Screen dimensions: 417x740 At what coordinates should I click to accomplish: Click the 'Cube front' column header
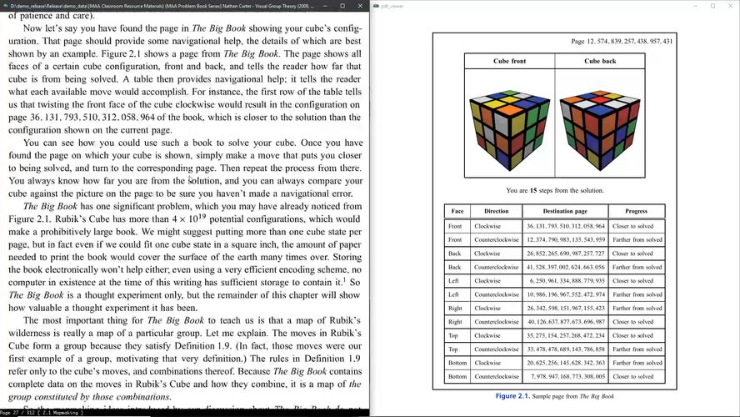(x=509, y=61)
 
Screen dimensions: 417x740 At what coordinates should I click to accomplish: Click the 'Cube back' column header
(x=600, y=61)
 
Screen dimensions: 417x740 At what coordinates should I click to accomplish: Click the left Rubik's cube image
(x=509, y=124)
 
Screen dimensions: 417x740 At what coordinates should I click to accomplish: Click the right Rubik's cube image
(x=600, y=124)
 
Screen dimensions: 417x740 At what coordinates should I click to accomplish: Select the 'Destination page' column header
(x=564, y=211)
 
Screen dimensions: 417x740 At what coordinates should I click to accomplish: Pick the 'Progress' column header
(x=636, y=211)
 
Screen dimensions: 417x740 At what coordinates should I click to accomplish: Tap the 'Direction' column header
(x=496, y=211)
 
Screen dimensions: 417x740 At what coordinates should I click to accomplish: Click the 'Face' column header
(x=457, y=211)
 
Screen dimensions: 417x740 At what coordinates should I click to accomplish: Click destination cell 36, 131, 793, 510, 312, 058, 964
(x=564, y=226)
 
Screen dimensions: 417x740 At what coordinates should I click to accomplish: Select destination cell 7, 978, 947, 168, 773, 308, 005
(x=564, y=376)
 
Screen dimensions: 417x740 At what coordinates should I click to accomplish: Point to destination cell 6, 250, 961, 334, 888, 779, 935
(x=564, y=281)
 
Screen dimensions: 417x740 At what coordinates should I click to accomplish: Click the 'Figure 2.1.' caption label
(x=517, y=396)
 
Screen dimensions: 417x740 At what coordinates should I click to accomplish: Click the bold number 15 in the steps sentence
(x=534, y=190)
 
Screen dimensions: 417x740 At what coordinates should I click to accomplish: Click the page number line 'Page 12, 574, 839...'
(x=622, y=41)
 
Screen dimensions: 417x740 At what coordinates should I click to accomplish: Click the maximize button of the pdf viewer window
(x=712, y=6)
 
